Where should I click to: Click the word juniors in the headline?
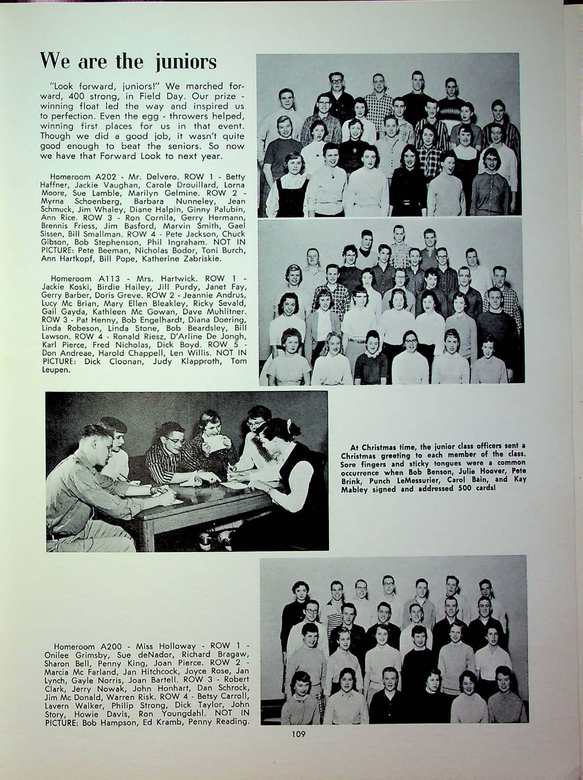click(x=185, y=62)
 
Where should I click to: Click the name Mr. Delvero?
click(x=141, y=177)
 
